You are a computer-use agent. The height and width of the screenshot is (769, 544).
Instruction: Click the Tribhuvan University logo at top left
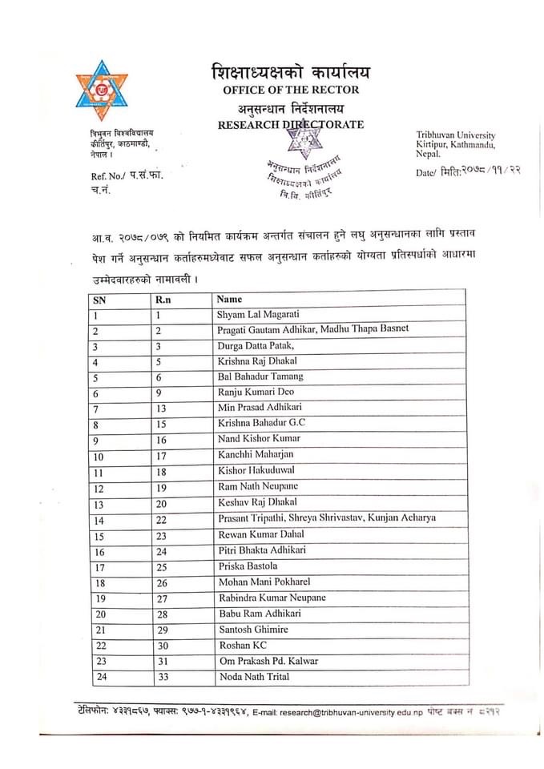tap(102, 91)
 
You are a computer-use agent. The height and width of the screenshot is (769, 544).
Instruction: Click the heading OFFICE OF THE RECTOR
tap(291, 90)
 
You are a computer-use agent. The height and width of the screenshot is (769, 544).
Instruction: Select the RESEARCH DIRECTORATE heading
tap(290, 125)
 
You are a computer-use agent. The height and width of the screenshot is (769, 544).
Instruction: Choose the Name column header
tap(230, 299)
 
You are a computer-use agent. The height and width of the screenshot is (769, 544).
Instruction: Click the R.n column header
tap(163, 299)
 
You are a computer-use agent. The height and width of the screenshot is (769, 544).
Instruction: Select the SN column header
tap(99, 300)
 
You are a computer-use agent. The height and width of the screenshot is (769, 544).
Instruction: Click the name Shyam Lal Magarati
tap(263, 315)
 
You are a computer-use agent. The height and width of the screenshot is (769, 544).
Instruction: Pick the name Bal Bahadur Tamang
tap(260, 376)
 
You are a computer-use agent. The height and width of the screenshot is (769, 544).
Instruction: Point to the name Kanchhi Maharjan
tap(256, 455)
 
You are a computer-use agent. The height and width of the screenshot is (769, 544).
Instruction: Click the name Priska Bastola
tap(247, 566)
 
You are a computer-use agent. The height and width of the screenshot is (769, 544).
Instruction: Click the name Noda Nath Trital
tap(254, 677)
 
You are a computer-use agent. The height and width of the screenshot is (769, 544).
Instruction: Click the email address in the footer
tap(349, 712)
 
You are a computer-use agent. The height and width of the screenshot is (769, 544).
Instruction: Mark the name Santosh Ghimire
tap(252, 630)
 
